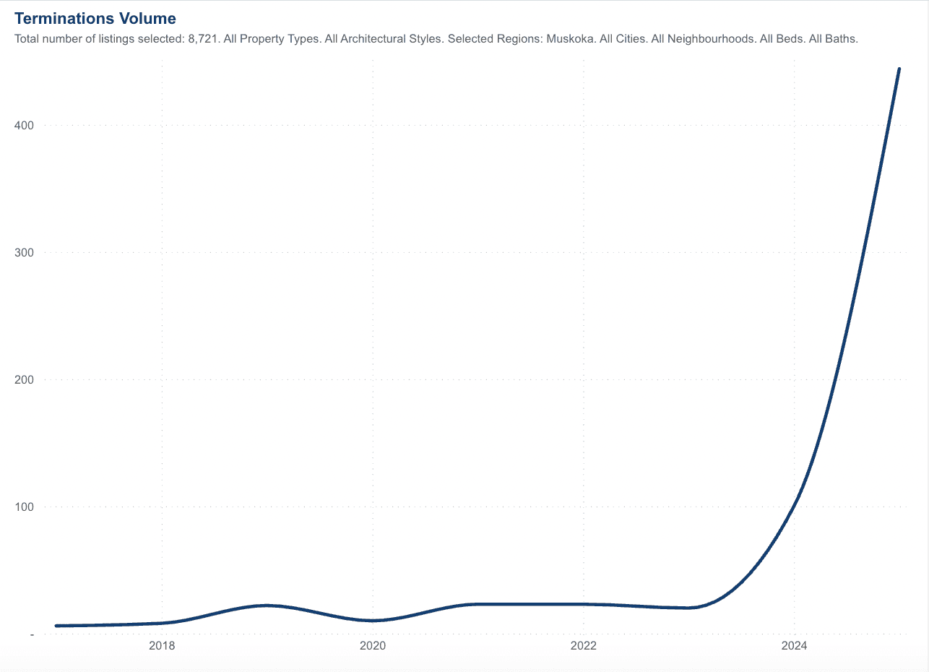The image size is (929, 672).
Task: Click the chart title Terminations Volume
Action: click(95, 18)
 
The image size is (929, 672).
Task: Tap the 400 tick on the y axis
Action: click(24, 126)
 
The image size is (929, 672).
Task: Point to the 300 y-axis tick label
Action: click(24, 253)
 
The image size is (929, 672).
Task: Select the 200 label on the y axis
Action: click(24, 380)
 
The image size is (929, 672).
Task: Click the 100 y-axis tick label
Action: click(24, 507)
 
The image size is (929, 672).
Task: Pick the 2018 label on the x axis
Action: click(162, 645)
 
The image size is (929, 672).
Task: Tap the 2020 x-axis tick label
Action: click(373, 645)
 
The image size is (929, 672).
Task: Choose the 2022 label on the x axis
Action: click(584, 645)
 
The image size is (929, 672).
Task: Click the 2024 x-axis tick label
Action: click(795, 645)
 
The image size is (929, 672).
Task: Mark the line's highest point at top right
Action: click(899, 69)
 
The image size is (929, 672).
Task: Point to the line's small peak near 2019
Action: click(267, 606)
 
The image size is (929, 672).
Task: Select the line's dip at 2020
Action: click(373, 621)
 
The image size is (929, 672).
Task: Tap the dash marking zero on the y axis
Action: click(31, 634)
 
